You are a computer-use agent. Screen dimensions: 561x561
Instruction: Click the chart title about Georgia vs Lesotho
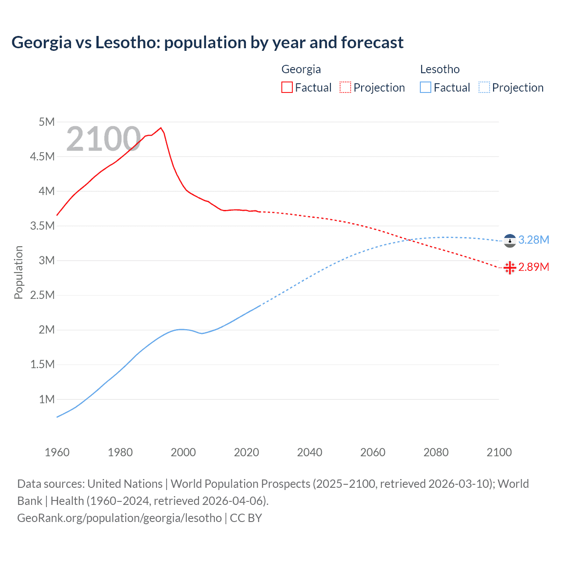pyautogui.click(x=207, y=43)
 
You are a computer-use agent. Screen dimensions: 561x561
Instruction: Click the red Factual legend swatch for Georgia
pyautogui.click(x=287, y=88)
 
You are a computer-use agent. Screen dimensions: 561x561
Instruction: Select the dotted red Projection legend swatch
pyautogui.click(x=345, y=88)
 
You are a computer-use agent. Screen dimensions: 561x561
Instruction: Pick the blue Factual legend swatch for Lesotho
pyautogui.click(x=425, y=88)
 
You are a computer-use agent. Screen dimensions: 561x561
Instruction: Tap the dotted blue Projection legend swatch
pyautogui.click(x=484, y=88)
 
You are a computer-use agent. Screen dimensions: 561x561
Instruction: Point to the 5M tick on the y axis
pyautogui.click(x=46, y=122)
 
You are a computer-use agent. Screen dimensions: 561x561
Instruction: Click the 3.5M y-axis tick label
pyautogui.click(x=43, y=226)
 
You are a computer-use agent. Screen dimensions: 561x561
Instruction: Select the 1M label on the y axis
pyautogui.click(x=46, y=399)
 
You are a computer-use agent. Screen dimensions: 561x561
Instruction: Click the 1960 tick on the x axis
pyautogui.click(x=57, y=452)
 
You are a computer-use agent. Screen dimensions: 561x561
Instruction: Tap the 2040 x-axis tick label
pyautogui.click(x=309, y=452)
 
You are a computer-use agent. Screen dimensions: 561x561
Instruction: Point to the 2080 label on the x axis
pyautogui.click(x=436, y=452)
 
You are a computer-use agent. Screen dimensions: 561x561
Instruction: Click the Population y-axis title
pyautogui.click(x=18, y=272)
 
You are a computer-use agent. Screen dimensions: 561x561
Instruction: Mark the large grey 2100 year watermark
pyautogui.click(x=103, y=139)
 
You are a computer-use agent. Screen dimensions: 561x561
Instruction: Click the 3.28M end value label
pyautogui.click(x=533, y=240)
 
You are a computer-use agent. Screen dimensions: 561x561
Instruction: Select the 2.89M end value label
pyautogui.click(x=533, y=267)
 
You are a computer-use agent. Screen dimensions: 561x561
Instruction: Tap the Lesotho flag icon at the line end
pyautogui.click(x=510, y=241)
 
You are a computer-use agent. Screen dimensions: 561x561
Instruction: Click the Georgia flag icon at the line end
pyautogui.click(x=510, y=267)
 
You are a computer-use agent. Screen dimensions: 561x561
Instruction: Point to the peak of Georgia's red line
pyautogui.click(x=161, y=128)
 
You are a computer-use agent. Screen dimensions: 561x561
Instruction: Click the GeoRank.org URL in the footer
pyautogui.click(x=119, y=518)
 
